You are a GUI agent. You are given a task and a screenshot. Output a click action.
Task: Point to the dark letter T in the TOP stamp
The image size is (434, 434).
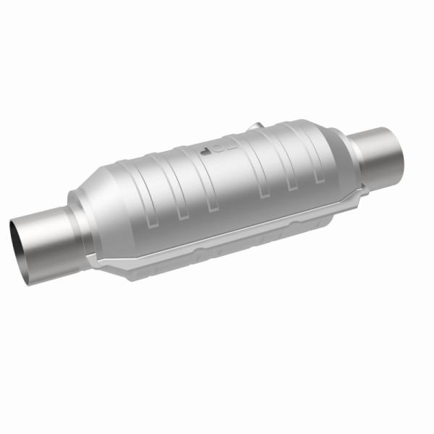pos(205,154)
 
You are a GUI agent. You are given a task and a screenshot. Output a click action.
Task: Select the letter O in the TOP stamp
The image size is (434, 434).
pos(216,150)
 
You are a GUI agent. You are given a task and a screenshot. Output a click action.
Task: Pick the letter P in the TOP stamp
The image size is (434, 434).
pos(226,147)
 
